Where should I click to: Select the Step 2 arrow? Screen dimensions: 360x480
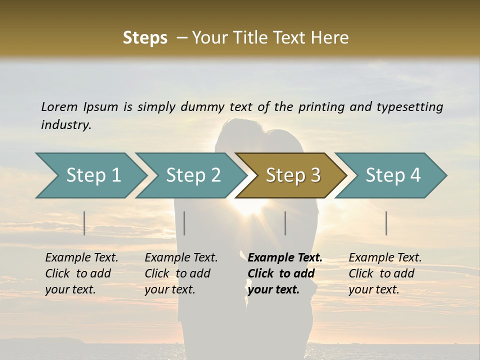point(193,175)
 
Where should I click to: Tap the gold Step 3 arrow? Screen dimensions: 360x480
point(292,175)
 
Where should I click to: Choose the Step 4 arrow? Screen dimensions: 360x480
point(392,175)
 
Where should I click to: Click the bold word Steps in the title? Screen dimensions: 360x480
point(145,38)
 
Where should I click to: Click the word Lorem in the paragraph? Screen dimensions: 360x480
point(59,106)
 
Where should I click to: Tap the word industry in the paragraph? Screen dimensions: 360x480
point(66,125)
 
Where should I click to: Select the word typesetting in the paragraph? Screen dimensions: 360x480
point(409,106)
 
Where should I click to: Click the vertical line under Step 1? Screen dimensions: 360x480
point(84,223)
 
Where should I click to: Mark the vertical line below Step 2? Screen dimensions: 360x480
point(184,223)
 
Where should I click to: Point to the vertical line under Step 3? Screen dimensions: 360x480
point(285,223)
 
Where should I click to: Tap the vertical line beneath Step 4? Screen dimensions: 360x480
point(386,223)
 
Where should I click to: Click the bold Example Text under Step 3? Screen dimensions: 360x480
point(285,258)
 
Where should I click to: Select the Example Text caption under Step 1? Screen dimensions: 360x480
point(81,258)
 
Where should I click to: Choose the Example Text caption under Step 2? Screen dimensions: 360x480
point(181,258)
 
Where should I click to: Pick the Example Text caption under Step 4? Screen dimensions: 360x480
point(385,258)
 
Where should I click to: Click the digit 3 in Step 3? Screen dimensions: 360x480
point(315,175)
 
